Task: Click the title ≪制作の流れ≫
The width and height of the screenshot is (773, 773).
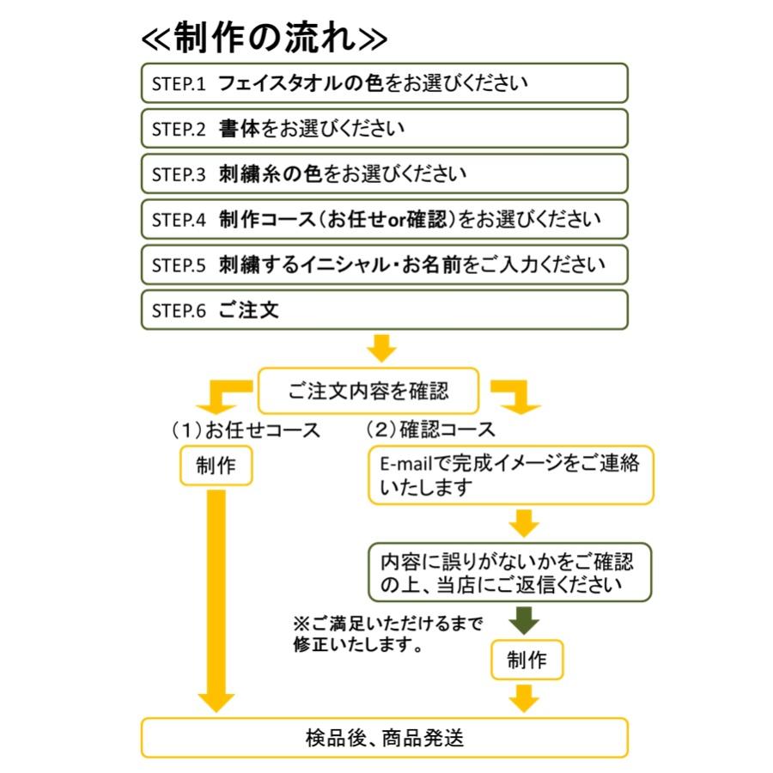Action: coord(265,37)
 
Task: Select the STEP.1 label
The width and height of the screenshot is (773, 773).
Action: coord(179,84)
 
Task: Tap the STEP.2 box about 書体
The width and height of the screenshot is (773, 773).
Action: coord(384,129)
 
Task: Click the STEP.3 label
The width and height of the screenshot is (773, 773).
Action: coord(179,174)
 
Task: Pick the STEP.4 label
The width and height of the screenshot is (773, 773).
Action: coord(179,220)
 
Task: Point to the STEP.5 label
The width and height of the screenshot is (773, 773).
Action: coord(179,265)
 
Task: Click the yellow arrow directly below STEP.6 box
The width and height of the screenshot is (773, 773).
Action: coord(381,348)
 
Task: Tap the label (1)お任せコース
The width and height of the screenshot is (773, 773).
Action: coord(245,429)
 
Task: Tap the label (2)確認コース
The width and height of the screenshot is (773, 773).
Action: coord(430,429)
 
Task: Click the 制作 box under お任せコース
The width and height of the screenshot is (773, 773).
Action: coord(216,466)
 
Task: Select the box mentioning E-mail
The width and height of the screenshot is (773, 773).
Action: coord(510,475)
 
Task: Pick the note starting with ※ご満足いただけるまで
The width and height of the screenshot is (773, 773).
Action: coord(386,633)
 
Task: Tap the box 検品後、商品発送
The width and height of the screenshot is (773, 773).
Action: coord(384,737)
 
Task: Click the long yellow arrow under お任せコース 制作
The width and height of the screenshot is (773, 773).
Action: coord(216,601)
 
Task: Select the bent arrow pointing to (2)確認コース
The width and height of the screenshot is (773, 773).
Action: coord(516,397)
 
